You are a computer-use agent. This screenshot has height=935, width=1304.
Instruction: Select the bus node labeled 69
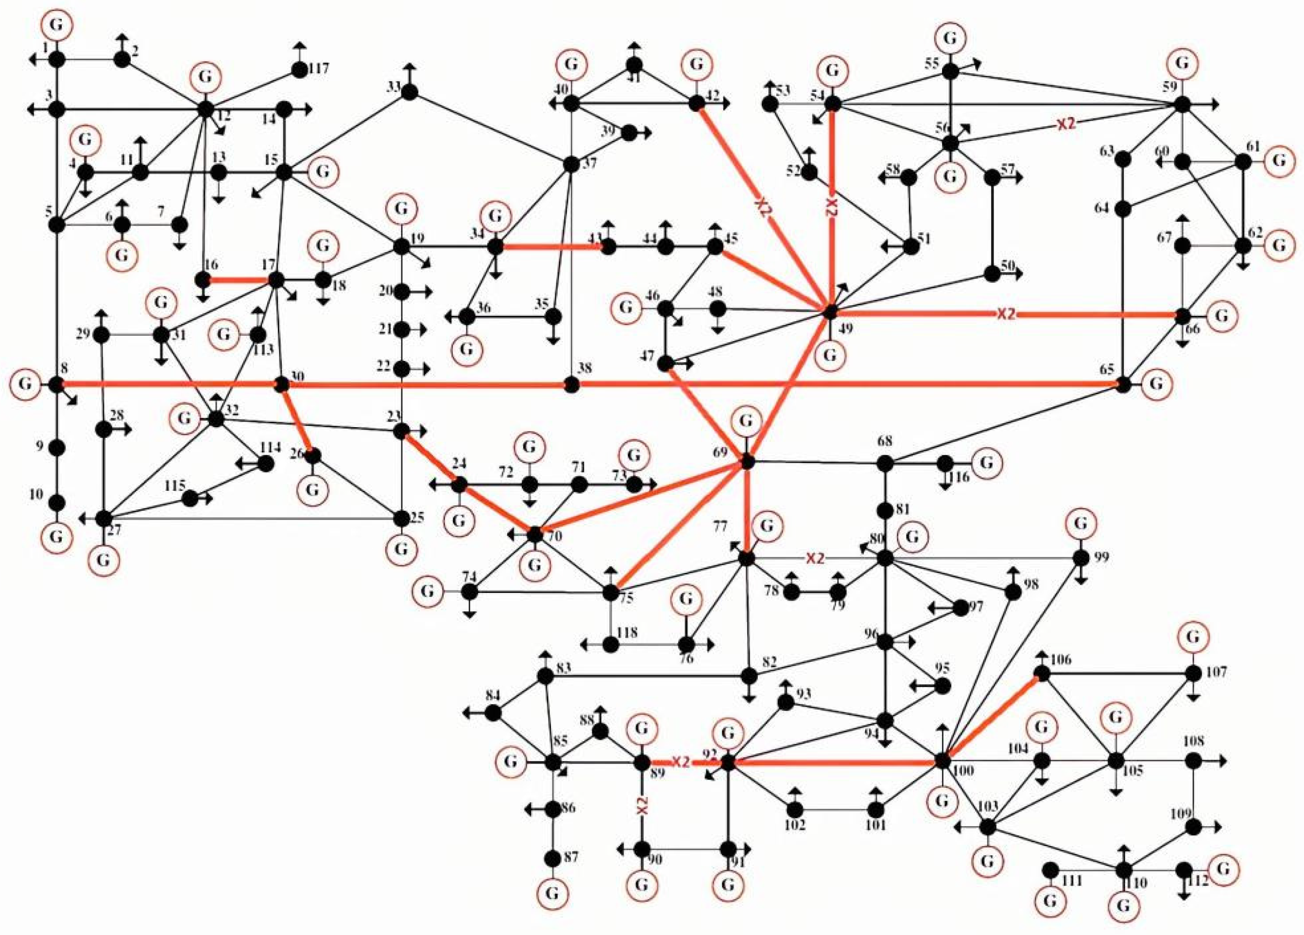[747, 461]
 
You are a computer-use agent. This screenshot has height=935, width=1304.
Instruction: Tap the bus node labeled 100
[942, 761]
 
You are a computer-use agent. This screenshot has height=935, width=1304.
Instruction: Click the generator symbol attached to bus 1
[56, 25]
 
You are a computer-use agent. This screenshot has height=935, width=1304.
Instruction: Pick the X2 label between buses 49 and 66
[1006, 313]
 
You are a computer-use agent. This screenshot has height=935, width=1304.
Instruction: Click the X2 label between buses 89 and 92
[681, 762]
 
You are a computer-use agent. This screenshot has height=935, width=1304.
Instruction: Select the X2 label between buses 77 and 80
[815, 558]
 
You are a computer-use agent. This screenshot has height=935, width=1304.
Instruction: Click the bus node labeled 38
[570, 385]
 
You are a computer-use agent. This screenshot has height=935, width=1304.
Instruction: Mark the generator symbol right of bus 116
[985, 462]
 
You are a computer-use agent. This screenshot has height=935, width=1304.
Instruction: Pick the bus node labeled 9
[56, 447]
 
